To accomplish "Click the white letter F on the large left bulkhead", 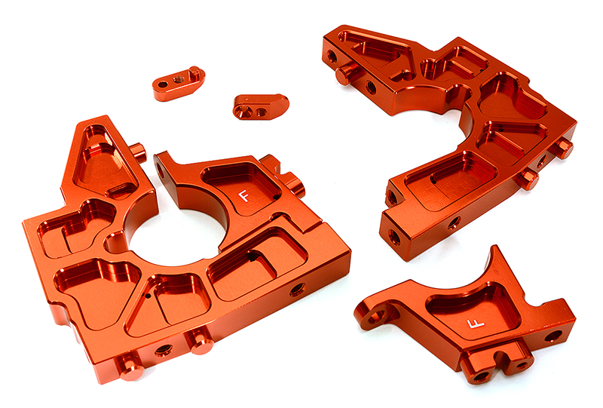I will [x=243, y=195].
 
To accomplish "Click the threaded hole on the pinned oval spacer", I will [x=179, y=78].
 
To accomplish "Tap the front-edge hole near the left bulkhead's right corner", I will [x=296, y=288].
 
